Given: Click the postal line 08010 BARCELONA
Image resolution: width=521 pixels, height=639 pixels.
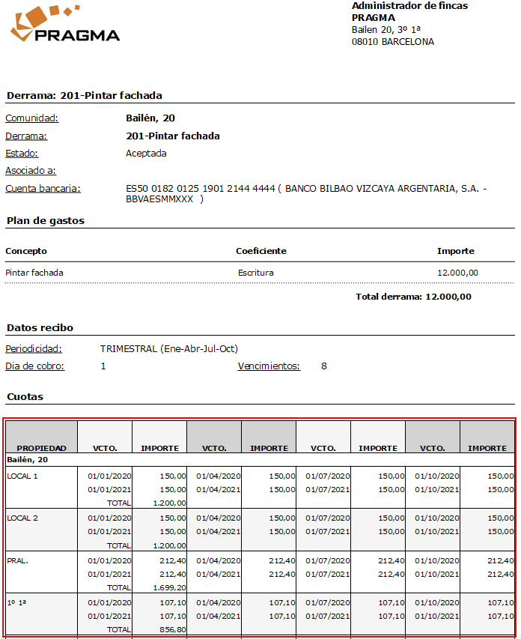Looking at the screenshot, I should click(x=392, y=42).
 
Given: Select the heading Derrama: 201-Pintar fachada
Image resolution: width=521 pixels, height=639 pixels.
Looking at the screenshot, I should click(x=84, y=96).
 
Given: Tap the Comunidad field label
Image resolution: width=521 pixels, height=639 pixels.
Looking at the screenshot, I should click(x=31, y=118).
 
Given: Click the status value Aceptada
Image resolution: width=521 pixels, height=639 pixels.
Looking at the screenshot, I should click(x=146, y=154).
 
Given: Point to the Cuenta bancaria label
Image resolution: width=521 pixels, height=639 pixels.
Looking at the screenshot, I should click(x=43, y=189).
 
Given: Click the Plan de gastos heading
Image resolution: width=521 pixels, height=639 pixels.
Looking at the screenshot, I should click(x=45, y=221).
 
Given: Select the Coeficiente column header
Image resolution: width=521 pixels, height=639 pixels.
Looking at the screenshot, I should click(x=260, y=251).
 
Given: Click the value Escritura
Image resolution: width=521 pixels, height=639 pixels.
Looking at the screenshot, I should click(x=255, y=273).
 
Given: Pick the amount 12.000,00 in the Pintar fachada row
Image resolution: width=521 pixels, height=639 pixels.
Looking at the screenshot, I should click(x=457, y=273).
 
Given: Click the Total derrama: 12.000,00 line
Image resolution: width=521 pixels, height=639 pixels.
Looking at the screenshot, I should click(x=413, y=297).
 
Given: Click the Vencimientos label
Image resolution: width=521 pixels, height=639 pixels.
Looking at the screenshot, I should click(x=269, y=366).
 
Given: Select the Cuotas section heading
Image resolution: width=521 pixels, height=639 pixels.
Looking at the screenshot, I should click(x=25, y=396).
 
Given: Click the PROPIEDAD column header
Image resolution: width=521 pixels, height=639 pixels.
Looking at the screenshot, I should click(x=42, y=448).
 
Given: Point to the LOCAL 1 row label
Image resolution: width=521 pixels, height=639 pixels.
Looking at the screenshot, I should click(x=22, y=476).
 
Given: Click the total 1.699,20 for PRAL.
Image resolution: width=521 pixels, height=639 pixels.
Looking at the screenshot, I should click(x=169, y=587).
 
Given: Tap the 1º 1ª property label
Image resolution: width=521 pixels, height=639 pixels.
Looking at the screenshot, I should click(x=17, y=602).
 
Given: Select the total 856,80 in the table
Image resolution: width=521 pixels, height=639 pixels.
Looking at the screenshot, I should click(x=172, y=629).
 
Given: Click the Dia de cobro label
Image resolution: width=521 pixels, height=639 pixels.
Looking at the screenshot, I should click(x=34, y=366).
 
